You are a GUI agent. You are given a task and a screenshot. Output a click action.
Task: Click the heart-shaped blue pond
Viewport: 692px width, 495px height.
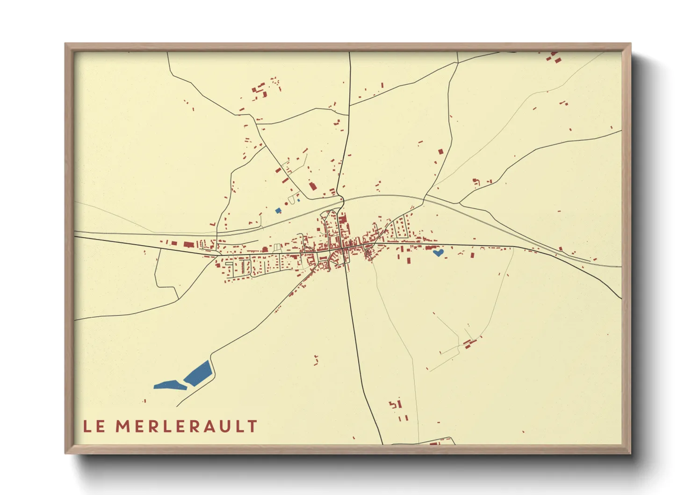pyautogui.click(x=438, y=253)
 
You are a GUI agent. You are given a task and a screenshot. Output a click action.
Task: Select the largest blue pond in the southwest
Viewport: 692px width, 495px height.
pyautogui.click(x=198, y=373)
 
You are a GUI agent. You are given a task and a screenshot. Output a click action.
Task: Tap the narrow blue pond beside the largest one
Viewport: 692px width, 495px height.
pyautogui.click(x=170, y=385)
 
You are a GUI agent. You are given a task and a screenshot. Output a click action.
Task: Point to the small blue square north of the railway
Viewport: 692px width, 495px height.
pyautogui.click(x=278, y=211)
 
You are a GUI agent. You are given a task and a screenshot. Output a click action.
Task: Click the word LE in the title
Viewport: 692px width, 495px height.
pyautogui.click(x=94, y=426)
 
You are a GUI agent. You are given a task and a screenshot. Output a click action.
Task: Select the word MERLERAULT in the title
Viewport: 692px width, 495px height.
pyautogui.click(x=186, y=426)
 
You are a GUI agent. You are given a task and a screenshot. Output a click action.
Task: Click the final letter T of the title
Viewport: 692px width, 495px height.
pyautogui.click(x=252, y=426)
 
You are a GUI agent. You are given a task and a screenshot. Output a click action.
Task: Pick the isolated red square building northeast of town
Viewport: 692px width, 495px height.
pyautogui.click(x=440, y=152)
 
